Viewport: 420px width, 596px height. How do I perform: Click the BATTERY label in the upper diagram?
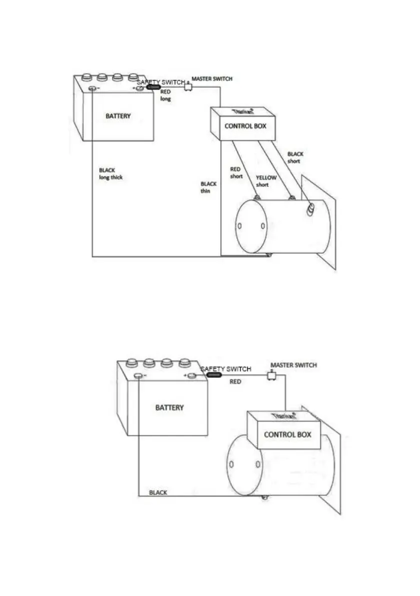(118, 116)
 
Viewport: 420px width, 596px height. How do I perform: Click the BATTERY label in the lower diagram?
(169, 407)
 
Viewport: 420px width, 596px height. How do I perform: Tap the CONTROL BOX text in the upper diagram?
(245, 126)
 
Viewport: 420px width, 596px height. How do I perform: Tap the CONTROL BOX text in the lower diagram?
(287, 434)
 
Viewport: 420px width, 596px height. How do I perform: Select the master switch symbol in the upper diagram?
(188, 87)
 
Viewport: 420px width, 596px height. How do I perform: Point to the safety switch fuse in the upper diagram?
(153, 88)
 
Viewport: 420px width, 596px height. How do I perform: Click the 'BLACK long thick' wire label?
(111, 174)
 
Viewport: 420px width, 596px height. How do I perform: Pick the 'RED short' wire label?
(236, 173)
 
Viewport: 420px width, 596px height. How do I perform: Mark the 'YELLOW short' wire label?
(266, 181)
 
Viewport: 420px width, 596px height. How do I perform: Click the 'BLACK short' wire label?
(295, 157)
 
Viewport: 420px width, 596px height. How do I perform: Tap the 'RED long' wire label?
(166, 95)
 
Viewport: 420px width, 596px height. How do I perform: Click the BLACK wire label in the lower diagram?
(158, 492)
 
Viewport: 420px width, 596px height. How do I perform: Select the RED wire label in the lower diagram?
(235, 381)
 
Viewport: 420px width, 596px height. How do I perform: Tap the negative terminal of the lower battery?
(138, 375)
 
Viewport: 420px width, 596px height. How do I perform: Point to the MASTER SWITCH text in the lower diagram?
(293, 365)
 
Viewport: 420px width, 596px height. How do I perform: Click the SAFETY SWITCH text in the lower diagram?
(226, 369)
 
